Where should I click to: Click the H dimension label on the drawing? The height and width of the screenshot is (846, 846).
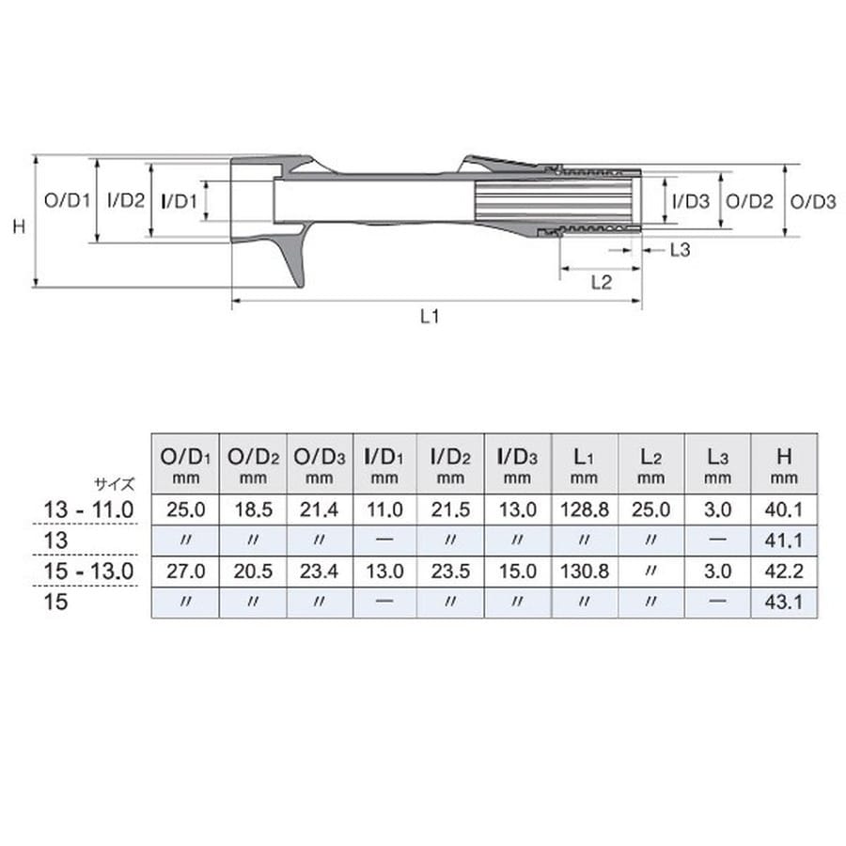tap(19, 226)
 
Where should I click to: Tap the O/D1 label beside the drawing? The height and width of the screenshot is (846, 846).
tap(67, 201)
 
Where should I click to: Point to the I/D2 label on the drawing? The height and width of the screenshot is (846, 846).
tap(126, 201)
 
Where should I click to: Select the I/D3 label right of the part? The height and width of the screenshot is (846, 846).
tap(691, 202)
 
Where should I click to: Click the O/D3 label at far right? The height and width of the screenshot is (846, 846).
tap(813, 202)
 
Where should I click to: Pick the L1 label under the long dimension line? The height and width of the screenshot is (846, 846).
tap(430, 316)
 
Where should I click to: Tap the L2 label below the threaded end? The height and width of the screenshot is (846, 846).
tap(601, 282)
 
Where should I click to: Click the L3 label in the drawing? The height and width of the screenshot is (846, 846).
tap(680, 250)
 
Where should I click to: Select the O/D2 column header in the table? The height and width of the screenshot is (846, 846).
tap(253, 464)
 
